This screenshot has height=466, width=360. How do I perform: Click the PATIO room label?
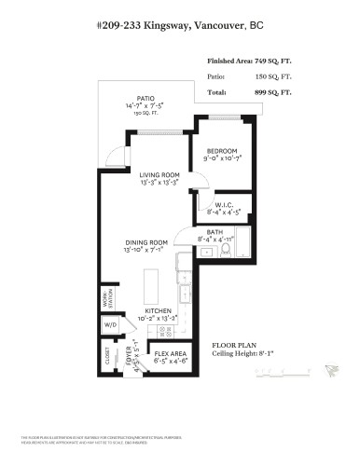point(144,123)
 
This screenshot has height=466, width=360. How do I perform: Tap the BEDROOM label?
point(222,152)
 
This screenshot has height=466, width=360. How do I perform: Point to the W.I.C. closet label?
point(223,205)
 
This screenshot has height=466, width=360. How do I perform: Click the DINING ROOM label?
point(147,243)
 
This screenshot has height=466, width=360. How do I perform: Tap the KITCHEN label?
point(159,312)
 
